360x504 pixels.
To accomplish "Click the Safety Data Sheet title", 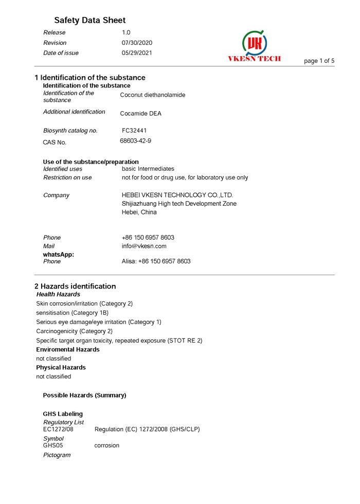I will tap(89, 21).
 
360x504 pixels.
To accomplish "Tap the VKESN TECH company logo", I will tap(255, 45).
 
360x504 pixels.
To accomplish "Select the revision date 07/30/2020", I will tap(137, 43).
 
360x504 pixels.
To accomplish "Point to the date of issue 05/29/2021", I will tap(137, 53).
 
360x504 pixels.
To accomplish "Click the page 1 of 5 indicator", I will tap(319, 61).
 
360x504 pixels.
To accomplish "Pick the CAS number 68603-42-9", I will tap(135, 140).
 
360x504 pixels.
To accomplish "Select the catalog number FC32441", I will tap(134, 131).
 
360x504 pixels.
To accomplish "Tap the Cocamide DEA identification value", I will tap(140, 114).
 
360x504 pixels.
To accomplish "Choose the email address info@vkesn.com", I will tap(144, 246).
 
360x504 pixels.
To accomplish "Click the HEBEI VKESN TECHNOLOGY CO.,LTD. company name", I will tap(177, 195).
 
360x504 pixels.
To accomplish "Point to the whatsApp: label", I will tap(58, 255).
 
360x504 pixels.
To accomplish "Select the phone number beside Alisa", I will tap(164, 261).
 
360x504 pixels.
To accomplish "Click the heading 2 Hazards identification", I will tap(75, 286).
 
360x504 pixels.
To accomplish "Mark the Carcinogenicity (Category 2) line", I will tap(74, 331).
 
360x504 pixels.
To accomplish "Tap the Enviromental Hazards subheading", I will tap(68, 350).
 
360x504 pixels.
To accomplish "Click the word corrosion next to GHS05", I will tap(106, 445).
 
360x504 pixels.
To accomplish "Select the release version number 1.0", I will tap(126, 32).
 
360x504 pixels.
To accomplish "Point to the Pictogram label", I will tap(57, 455).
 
